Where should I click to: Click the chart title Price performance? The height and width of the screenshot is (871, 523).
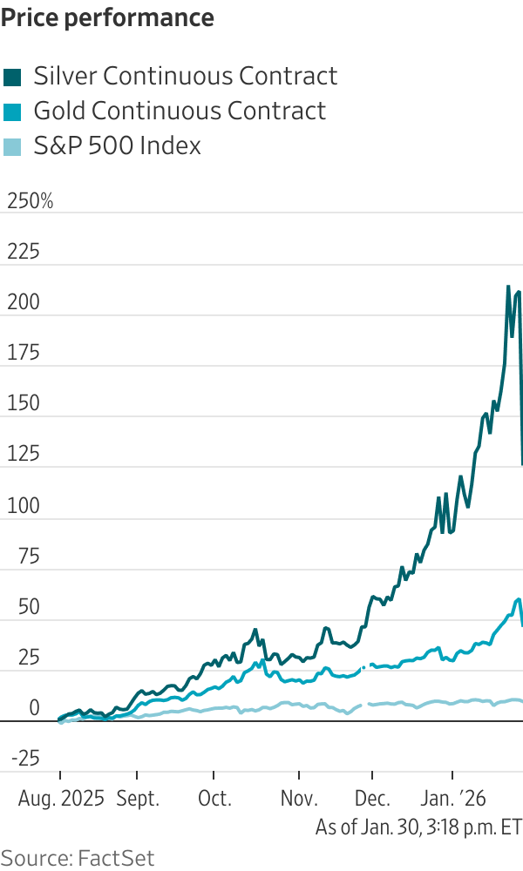point(109,17)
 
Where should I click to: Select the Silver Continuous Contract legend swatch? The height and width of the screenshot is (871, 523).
point(13,77)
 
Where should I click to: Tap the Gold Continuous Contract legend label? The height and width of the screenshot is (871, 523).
point(180,111)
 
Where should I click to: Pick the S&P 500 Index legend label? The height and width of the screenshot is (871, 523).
point(117,146)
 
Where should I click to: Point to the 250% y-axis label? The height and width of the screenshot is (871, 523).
point(30,202)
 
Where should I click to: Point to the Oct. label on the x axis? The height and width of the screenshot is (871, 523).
point(215,798)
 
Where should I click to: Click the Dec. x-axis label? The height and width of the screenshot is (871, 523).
point(373,798)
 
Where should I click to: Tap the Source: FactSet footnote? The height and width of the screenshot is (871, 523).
point(78,857)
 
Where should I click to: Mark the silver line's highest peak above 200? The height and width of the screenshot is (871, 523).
point(509,286)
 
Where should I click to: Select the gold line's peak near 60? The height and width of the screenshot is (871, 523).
point(519,599)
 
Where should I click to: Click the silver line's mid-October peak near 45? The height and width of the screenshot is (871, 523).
point(255,630)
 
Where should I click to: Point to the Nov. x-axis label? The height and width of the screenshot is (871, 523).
point(299,798)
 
